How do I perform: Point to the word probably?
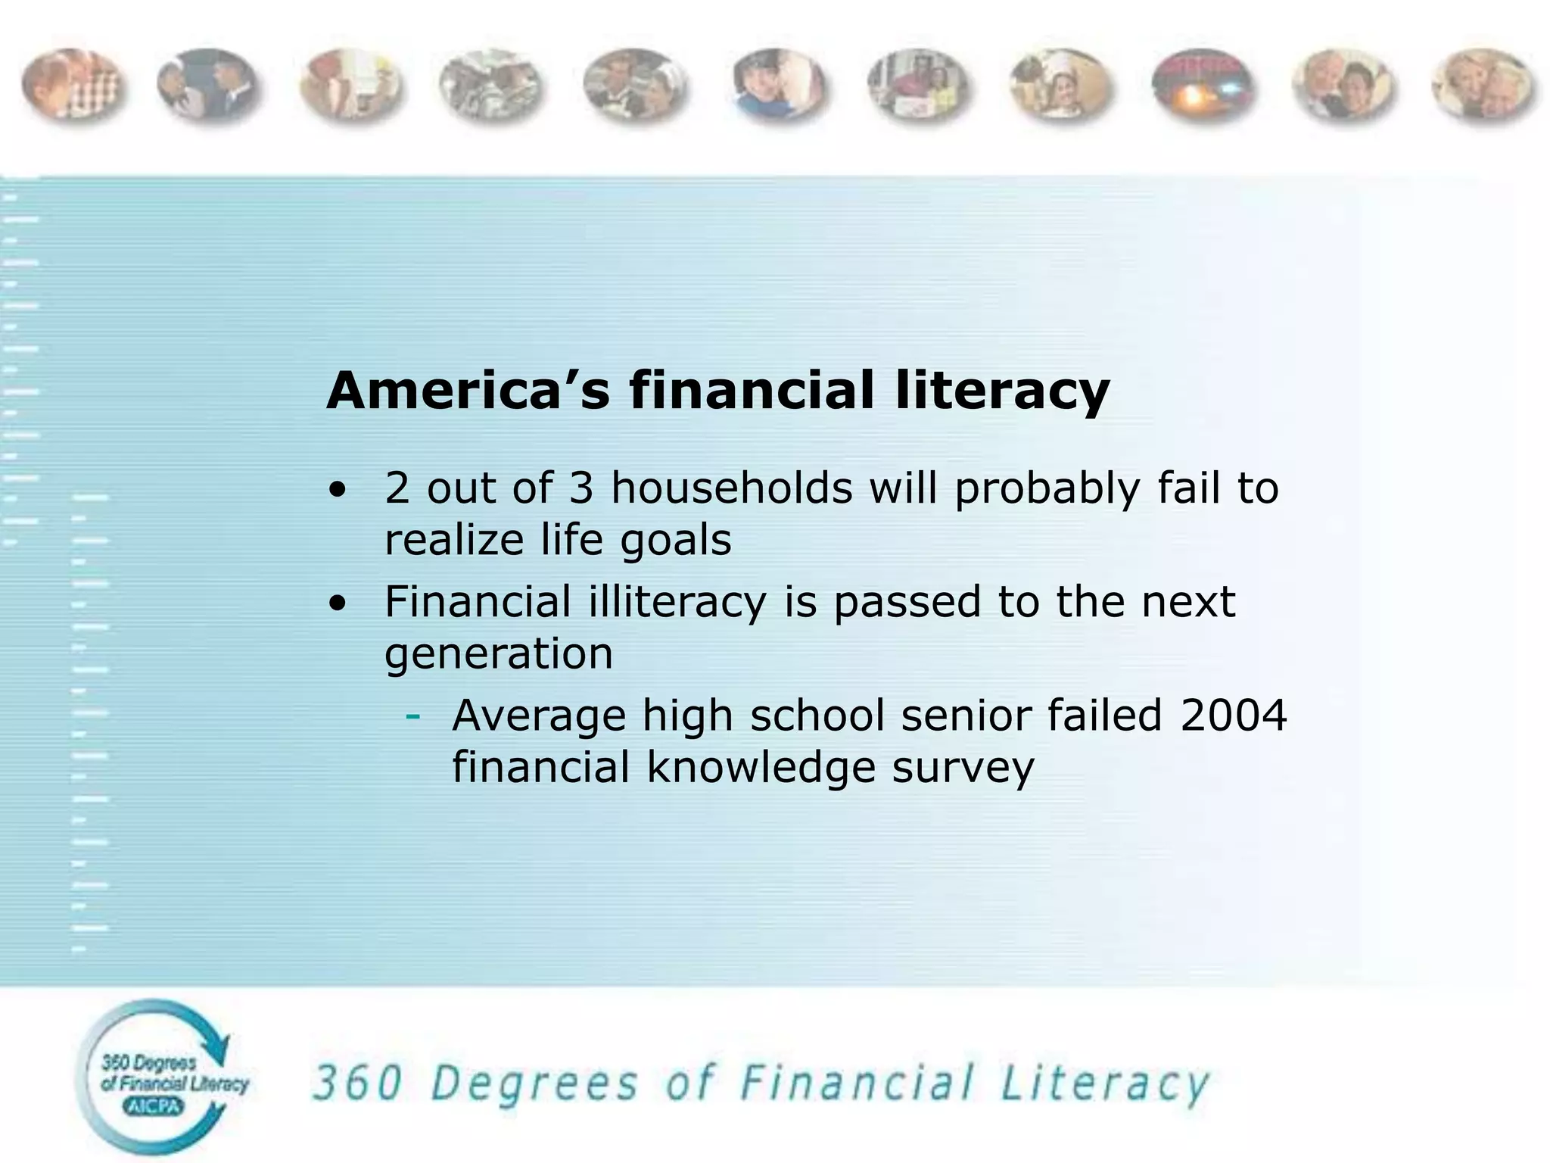1047,489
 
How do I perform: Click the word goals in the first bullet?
676,541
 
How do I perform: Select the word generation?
499,653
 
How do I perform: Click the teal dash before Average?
412,716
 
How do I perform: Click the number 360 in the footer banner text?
357,1083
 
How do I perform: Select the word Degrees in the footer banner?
534,1085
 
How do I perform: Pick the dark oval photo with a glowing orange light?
1200,86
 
